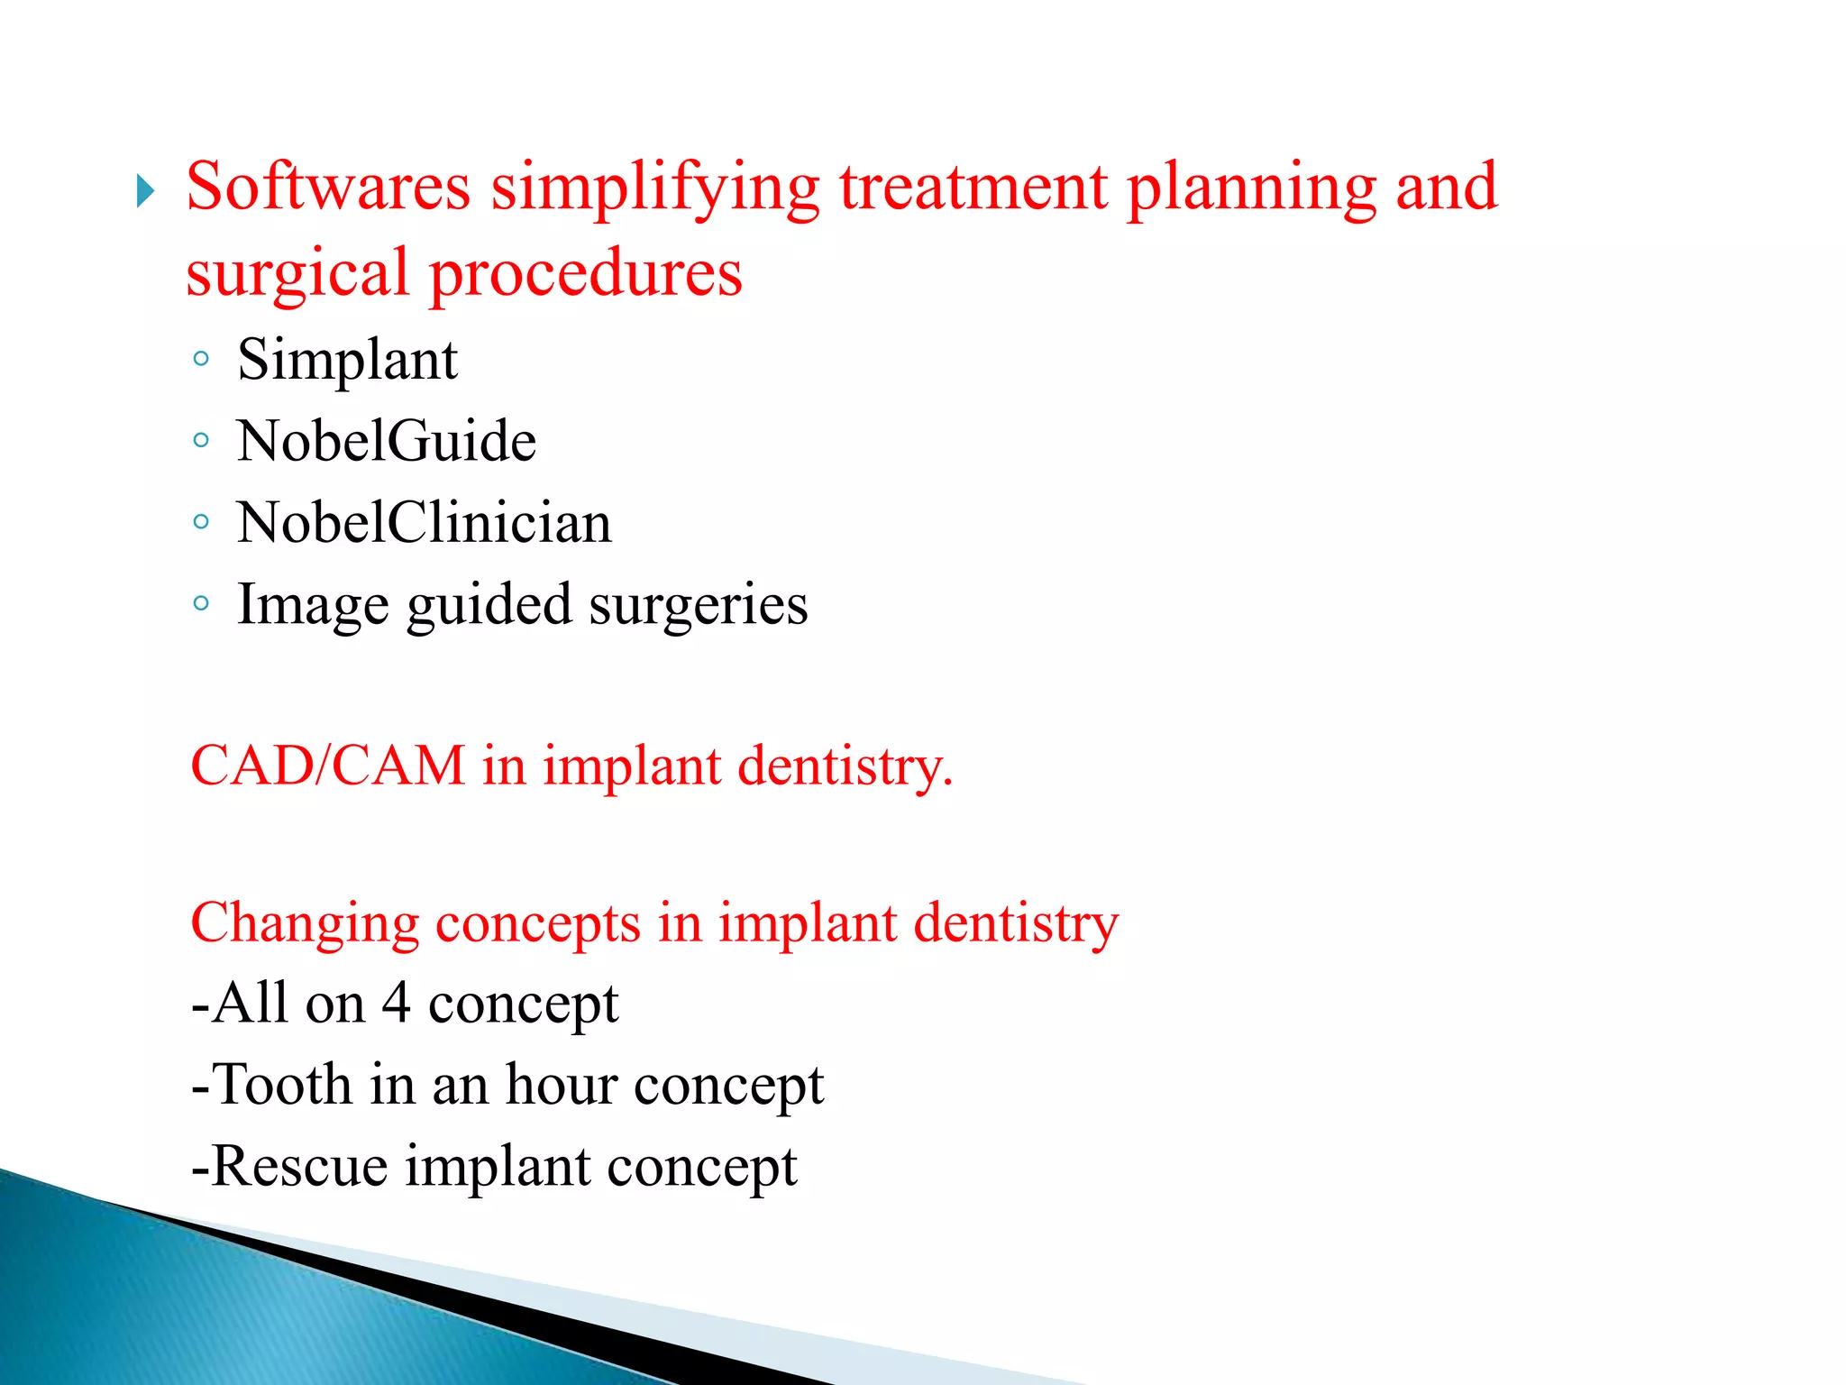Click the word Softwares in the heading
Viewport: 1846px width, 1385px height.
point(328,187)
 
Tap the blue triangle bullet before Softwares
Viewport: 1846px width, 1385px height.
point(145,191)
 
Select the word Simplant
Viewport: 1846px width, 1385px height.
point(347,361)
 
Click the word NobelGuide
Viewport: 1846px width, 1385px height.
point(386,442)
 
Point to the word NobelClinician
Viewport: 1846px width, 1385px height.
point(424,523)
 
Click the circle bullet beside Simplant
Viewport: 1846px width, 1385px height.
point(201,360)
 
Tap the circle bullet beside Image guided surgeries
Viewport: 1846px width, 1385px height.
point(201,602)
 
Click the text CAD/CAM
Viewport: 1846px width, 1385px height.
point(327,766)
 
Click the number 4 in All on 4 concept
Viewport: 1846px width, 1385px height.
point(396,1003)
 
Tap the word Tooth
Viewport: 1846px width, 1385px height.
point(282,1084)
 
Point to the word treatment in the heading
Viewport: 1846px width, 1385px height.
point(973,187)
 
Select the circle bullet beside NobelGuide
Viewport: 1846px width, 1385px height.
point(201,441)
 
